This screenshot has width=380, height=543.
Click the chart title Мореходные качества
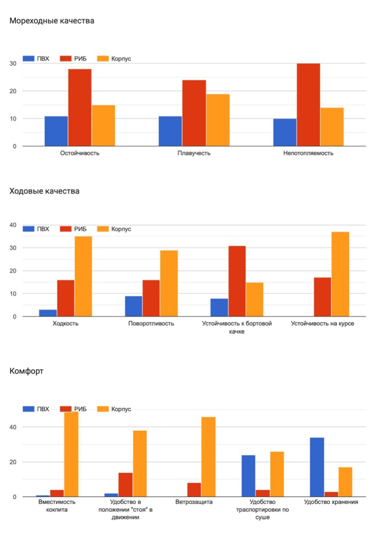click(52, 21)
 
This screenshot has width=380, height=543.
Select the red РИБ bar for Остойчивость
click(80, 108)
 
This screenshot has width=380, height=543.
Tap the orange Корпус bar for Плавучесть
click(218, 120)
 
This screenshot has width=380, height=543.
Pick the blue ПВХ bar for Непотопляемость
click(285, 132)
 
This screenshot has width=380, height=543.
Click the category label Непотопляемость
click(308, 153)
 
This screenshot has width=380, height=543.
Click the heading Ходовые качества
click(44, 191)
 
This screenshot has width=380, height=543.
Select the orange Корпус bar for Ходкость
click(83, 276)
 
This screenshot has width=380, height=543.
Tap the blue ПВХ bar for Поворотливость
click(133, 306)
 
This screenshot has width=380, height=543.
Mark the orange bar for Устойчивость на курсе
click(340, 274)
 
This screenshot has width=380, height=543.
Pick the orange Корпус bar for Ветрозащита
click(208, 457)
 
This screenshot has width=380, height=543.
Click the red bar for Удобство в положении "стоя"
click(125, 485)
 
